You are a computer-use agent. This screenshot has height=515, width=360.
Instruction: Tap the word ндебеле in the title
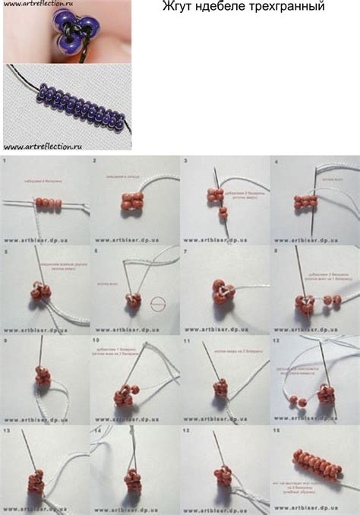224,7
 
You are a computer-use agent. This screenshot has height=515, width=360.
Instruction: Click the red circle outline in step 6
159,302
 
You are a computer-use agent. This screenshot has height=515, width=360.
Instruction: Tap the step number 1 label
5,162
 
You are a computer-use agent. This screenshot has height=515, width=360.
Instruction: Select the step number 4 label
275,162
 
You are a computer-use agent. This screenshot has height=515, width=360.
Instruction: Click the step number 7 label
185,250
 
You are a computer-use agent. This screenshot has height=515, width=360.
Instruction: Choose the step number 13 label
6,430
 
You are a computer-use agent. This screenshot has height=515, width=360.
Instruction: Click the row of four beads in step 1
46,203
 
